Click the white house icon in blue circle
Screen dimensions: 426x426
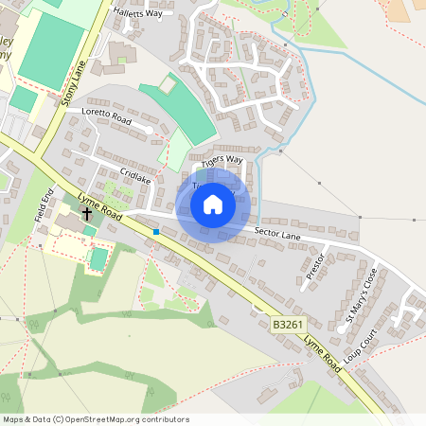[213, 204]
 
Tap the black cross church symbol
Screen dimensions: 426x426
[87, 214]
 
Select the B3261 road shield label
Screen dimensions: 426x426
[288, 325]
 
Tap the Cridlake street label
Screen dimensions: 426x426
[135, 177]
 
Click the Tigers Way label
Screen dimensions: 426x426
[222, 160]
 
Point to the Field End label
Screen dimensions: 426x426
[43, 206]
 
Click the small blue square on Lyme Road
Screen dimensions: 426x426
[155, 231]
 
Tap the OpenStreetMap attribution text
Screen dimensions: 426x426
[96, 419]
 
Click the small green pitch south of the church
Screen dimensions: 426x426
[98, 257]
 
